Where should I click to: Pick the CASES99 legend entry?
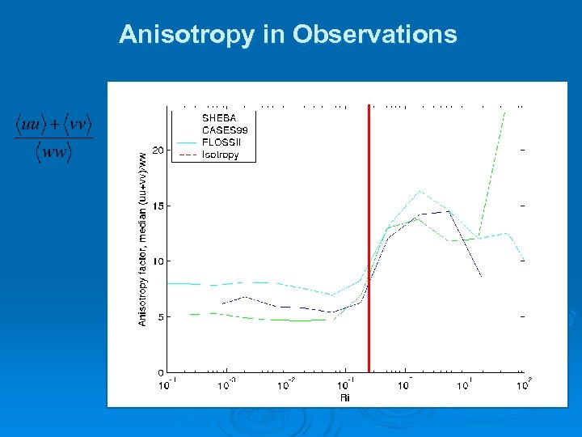click(x=224, y=129)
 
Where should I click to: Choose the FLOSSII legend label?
click(x=221, y=142)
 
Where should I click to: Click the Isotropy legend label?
click(x=220, y=155)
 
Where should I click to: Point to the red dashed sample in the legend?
click(x=187, y=155)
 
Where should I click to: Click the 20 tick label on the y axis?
click(x=159, y=151)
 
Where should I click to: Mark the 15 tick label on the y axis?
click(x=159, y=206)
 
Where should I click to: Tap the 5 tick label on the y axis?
click(x=162, y=317)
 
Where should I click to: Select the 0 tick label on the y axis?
click(x=162, y=372)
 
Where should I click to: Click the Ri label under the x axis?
click(x=345, y=397)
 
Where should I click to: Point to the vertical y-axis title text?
click(x=143, y=239)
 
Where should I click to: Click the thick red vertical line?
click(x=369, y=243)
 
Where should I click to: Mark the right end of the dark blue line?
click(x=482, y=276)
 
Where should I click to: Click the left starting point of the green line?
click(x=191, y=314)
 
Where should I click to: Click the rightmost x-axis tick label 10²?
click(x=523, y=386)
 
